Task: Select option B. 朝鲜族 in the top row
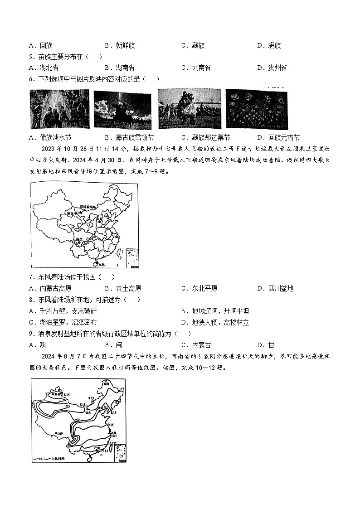coord(120,45)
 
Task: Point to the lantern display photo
coord(256,109)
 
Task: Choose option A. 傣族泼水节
coord(53,137)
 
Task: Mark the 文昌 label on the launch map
coord(101,264)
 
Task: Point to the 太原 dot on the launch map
coord(99,221)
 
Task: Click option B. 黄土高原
coord(123,288)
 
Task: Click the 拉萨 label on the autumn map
coord(59,434)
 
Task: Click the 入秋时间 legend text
coord(58,459)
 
